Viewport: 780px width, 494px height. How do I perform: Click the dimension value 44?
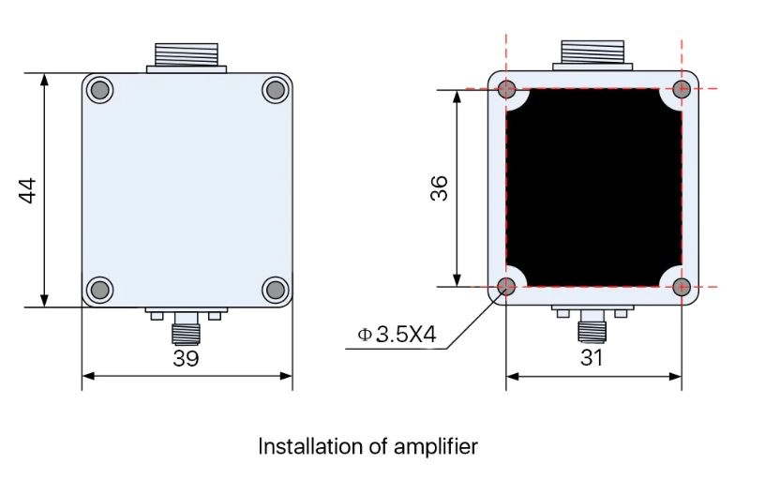click(x=28, y=190)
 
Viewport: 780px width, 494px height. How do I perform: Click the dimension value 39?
click(x=186, y=358)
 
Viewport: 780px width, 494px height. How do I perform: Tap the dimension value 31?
click(x=592, y=358)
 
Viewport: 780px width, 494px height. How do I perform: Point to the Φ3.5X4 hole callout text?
click(x=397, y=335)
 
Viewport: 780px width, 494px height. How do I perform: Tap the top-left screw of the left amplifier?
click(x=99, y=90)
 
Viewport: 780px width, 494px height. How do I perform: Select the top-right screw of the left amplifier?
click(x=275, y=90)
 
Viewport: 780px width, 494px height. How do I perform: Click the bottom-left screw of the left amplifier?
click(x=99, y=288)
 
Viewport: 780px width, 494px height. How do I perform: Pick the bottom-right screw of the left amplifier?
click(x=275, y=288)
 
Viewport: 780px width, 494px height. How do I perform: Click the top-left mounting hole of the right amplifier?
click(x=507, y=89)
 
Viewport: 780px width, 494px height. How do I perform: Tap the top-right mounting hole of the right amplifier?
click(x=682, y=89)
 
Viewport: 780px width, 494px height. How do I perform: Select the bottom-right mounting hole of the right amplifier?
click(x=682, y=286)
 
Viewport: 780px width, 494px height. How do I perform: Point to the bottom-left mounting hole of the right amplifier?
click(x=507, y=286)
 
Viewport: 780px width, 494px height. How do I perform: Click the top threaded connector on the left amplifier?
click(x=187, y=54)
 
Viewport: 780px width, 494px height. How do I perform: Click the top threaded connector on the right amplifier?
click(x=592, y=54)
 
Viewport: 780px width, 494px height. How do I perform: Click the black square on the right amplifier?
click(x=594, y=187)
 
